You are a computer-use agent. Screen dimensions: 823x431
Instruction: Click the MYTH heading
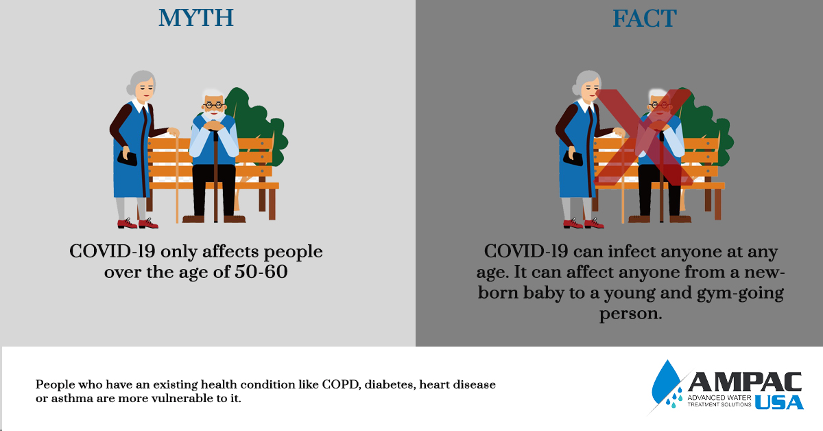tap(196, 18)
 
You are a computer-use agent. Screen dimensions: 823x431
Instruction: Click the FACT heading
tap(645, 19)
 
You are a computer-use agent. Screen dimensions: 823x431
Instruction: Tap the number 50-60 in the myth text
tap(261, 272)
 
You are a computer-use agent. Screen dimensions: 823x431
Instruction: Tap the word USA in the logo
tap(779, 402)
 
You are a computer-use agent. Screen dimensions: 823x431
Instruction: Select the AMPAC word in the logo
tap(745, 382)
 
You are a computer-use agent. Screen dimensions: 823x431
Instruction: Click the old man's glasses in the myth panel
tap(214, 106)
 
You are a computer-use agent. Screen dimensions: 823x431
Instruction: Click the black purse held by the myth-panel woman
tap(127, 158)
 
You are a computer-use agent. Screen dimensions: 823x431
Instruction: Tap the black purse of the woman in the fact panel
tap(573, 158)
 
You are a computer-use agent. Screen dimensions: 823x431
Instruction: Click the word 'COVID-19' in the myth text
tap(112, 252)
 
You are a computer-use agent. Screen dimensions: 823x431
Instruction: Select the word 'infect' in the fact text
tap(632, 252)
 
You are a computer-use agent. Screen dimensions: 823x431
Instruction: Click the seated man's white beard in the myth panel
tap(215, 115)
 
